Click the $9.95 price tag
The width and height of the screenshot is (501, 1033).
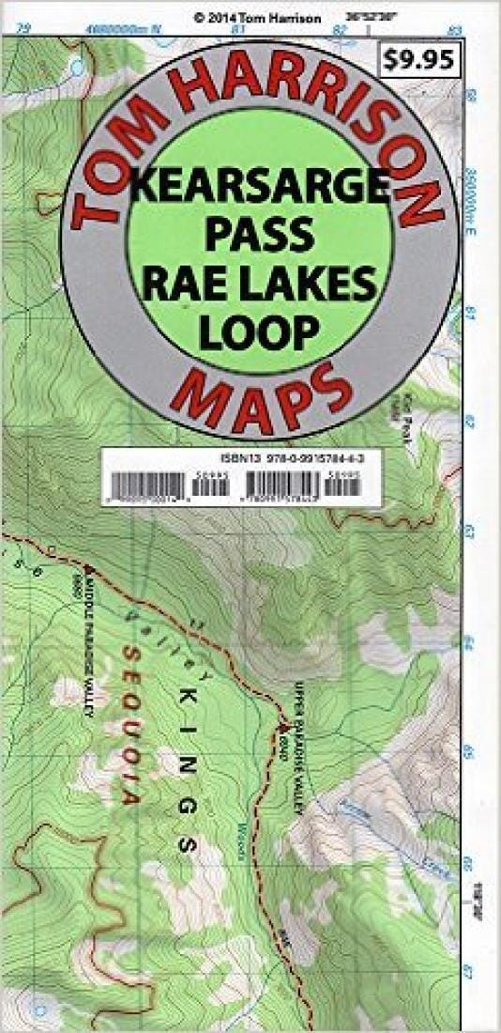coord(419,60)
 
